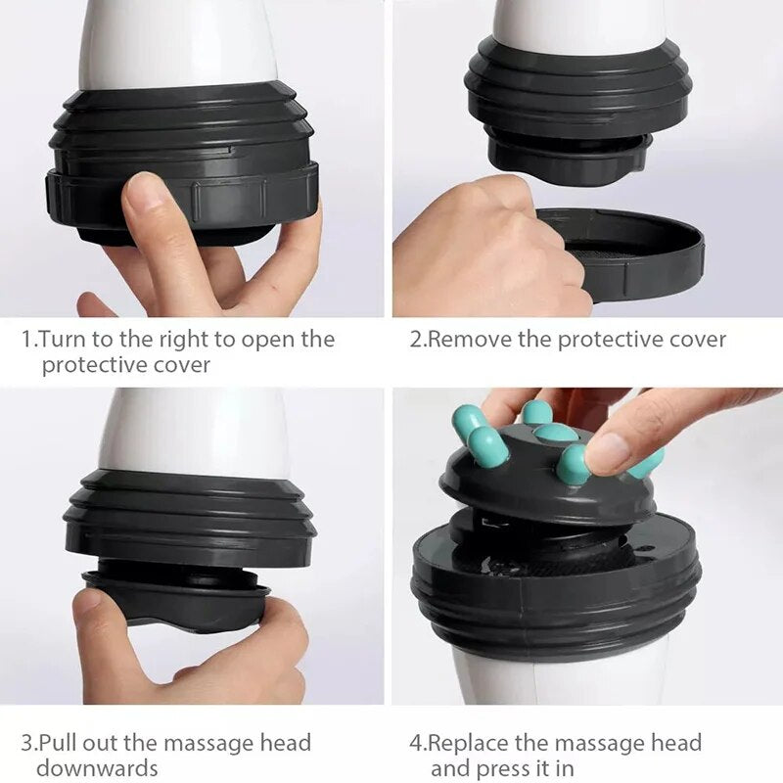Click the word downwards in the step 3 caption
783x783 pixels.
click(x=97, y=768)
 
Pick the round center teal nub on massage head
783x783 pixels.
click(x=556, y=433)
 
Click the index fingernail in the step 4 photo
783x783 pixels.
click(x=608, y=453)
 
